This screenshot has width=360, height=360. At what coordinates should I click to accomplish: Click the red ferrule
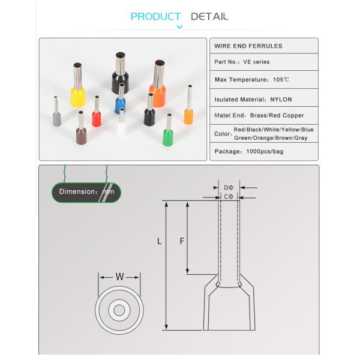tap(96, 118)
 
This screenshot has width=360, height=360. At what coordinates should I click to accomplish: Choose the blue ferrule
tap(121, 104)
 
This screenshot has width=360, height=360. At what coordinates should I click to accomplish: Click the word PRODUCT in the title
tap(155, 16)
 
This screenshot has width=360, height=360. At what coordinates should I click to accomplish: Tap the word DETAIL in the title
tap(209, 16)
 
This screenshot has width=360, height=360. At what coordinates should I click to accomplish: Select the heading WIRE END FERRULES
tap(248, 46)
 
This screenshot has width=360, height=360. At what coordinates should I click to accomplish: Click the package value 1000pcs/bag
tap(265, 151)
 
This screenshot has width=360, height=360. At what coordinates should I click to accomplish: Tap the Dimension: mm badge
tap(86, 192)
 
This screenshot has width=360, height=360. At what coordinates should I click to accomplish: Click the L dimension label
tap(159, 241)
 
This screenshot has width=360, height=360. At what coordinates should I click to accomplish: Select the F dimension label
tap(182, 241)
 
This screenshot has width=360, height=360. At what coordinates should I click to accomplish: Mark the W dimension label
tap(119, 277)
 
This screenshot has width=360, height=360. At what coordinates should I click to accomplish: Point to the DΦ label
tap(229, 187)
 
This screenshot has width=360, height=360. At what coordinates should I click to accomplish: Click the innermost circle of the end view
tap(119, 310)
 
